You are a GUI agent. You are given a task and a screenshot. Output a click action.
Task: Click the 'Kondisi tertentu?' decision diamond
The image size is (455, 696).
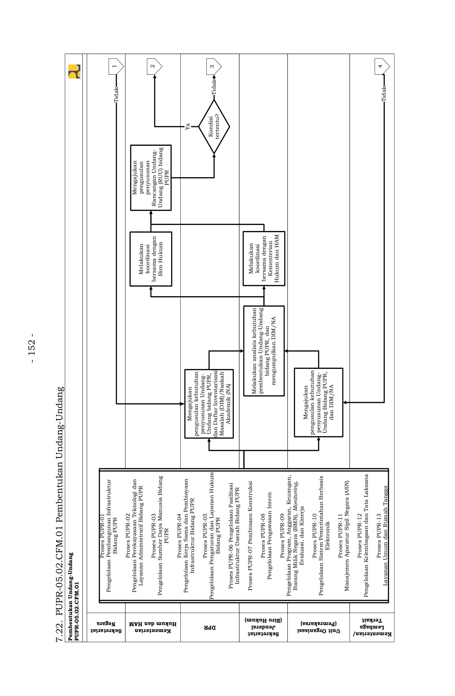[214, 127]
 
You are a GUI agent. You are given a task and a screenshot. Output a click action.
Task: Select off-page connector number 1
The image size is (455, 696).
[115, 66]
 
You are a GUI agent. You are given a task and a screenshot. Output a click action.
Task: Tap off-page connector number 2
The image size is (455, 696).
[154, 66]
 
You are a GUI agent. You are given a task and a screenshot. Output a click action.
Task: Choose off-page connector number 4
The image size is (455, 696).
[382, 66]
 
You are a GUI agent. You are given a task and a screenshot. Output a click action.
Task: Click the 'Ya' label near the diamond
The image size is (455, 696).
[188, 127]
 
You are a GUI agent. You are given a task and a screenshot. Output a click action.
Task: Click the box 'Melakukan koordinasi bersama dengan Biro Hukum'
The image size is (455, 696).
[151, 259]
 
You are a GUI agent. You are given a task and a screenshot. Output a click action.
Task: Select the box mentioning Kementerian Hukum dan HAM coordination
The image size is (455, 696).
[264, 258]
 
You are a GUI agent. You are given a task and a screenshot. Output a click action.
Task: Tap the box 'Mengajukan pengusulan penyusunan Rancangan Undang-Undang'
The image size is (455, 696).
[151, 178]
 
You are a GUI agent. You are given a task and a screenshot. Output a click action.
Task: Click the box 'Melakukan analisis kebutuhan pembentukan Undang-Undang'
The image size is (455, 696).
[264, 351]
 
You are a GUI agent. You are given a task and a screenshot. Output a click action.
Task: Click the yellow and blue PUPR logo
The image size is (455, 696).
[74, 71]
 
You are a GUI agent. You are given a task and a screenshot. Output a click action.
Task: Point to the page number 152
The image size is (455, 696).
[32, 347]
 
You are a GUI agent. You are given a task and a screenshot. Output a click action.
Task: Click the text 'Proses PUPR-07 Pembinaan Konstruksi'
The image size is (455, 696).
[250, 536]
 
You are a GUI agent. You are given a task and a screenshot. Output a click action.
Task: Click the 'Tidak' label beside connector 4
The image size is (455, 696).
[384, 94]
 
